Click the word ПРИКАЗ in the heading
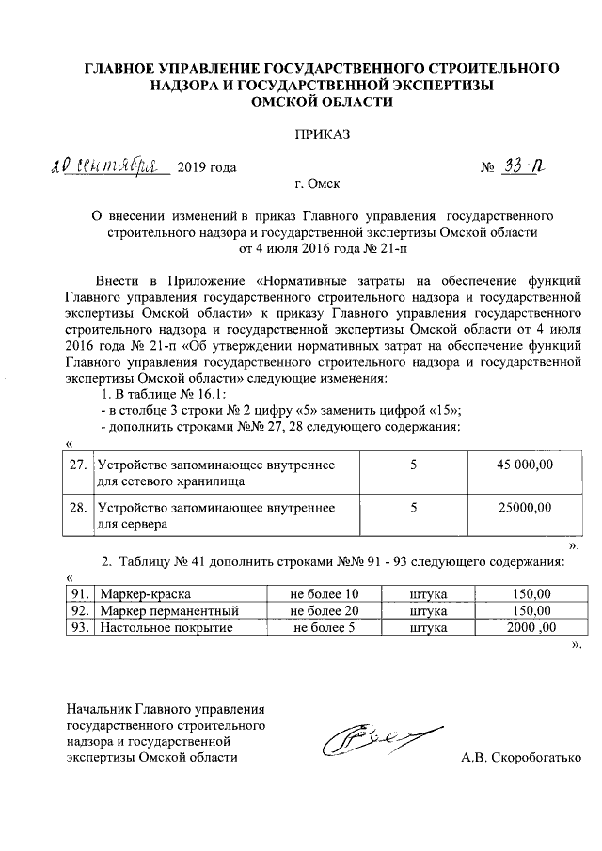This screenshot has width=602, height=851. tap(323, 135)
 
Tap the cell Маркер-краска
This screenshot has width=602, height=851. tap(138, 594)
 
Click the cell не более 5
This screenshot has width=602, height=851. tap(324, 628)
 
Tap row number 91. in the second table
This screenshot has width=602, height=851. tap(82, 594)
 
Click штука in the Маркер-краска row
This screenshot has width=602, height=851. tap(428, 594)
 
